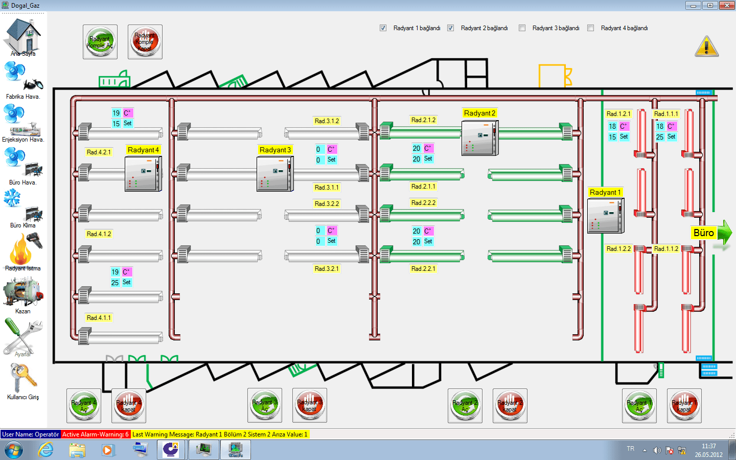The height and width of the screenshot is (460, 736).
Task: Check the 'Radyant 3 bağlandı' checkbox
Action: pyautogui.click(x=522, y=28)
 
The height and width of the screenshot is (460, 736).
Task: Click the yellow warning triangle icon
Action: pyautogui.click(x=706, y=47)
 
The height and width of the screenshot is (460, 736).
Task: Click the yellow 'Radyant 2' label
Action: pyautogui.click(x=479, y=113)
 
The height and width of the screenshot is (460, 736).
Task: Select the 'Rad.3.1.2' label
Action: pyautogui.click(x=327, y=121)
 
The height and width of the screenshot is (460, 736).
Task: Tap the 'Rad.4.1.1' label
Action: pyautogui.click(x=99, y=318)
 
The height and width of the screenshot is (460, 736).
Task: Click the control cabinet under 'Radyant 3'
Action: pyautogui.click(x=275, y=174)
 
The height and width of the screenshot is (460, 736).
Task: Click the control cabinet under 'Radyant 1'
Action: pyautogui.click(x=606, y=216)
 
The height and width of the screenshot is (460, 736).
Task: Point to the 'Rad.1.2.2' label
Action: pyautogui.click(x=618, y=249)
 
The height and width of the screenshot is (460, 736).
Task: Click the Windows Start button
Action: pyautogui.click(x=13, y=450)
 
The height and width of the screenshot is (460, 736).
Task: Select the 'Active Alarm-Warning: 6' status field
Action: pyautogui.click(x=96, y=434)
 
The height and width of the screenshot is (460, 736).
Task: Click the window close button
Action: pyautogui.click(x=727, y=6)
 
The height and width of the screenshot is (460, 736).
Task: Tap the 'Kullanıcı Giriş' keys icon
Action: pyautogui.click(x=22, y=378)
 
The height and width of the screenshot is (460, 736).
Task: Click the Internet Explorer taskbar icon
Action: pyautogui.click(x=46, y=450)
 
